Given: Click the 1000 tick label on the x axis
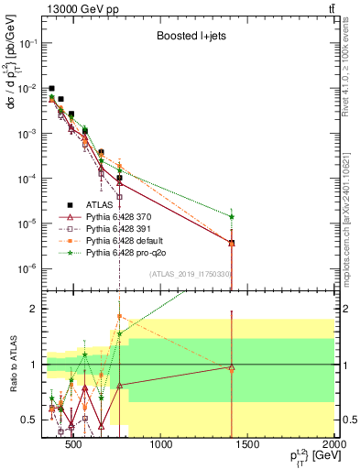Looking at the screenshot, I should coord(161,446).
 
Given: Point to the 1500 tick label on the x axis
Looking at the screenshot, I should coord(247,446).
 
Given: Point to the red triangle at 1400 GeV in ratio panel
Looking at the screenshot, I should coord(232,368).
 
